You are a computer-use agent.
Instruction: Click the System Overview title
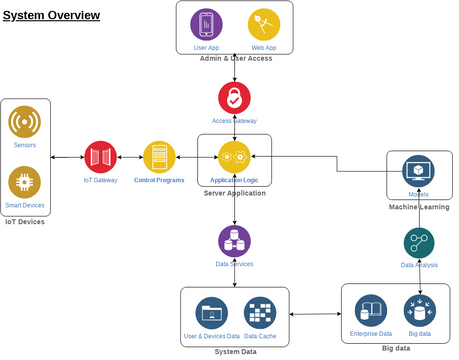[x=51, y=15]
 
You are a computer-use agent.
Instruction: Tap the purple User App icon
[x=207, y=23]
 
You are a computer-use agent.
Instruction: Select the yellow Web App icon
[x=264, y=23]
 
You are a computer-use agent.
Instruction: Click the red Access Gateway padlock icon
[x=235, y=97]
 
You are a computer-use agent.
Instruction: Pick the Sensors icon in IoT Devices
[x=24, y=122]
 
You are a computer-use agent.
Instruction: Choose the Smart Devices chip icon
[x=24, y=182]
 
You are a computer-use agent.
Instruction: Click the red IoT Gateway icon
[x=100, y=157]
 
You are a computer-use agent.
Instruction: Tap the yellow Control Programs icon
[x=160, y=157]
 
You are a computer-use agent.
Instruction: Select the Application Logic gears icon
[x=235, y=157]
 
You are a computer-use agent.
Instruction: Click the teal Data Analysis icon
[x=419, y=242]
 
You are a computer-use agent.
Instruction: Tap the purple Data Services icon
[x=234, y=241]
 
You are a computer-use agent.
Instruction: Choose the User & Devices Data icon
[x=211, y=312]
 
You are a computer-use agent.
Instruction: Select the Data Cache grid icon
[x=260, y=312]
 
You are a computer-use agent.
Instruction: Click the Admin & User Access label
[x=236, y=59]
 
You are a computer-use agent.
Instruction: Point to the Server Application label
[x=234, y=192]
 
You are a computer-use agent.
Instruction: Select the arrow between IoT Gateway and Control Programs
[x=130, y=157]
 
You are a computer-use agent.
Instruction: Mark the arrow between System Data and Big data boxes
[x=315, y=315]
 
